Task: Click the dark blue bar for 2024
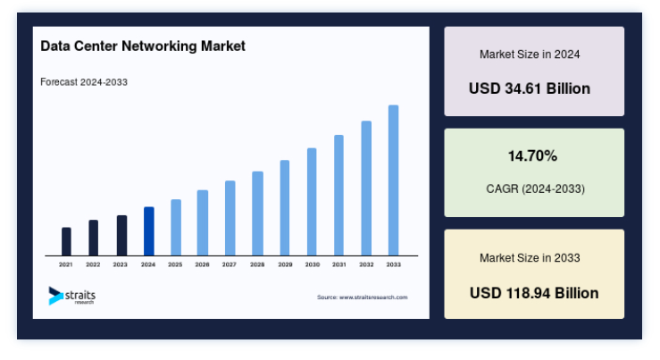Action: [149, 231]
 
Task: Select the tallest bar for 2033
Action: [394, 180]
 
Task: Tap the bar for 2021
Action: [66, 242]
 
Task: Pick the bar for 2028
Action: [257, 213]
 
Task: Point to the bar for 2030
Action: [312, 202]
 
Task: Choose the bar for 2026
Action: [203, 222]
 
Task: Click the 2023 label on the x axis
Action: [120, 264]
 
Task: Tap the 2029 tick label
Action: [285, 264]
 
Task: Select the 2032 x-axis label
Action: [366, 264]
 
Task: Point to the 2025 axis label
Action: [175, 264]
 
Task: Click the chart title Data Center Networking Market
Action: [143, 46]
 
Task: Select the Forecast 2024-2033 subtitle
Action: [84, 82]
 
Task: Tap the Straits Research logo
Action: [72, 296]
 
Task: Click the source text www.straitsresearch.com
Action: [373, 297]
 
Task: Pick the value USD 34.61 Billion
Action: [530, 88]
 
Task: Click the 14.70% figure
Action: [532, 156]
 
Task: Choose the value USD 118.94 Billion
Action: [534, 293]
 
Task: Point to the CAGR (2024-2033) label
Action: [535, 188]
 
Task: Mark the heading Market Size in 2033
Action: [530, 257]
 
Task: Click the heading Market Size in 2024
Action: [530, 54]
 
